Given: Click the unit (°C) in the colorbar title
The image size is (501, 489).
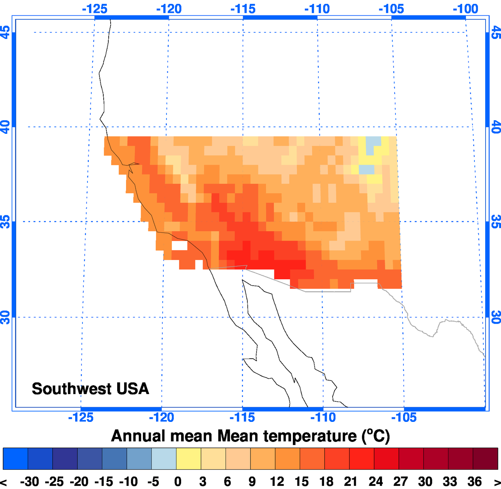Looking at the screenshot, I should [x=376, y=436].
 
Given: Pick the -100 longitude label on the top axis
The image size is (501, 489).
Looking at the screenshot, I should [x=466, y=9].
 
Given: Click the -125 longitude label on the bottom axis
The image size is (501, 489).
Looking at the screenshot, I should [x=81, y=417].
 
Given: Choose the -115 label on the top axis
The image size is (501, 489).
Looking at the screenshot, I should [x=243, y=9].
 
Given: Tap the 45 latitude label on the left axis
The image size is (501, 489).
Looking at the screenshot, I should [x=5, y=32].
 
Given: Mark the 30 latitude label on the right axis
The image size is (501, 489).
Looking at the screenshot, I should [x=496, y=317].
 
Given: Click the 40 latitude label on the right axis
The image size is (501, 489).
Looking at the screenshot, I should [x=496, y=127].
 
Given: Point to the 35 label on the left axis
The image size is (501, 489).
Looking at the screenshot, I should [x=5, y=221].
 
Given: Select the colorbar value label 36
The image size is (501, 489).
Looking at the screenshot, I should [x=474, y=481].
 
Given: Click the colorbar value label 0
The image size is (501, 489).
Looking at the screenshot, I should [x=178, y=481].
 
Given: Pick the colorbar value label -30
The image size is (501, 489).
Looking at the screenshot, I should [x=30, y=481].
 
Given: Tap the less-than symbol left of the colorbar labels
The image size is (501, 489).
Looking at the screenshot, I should [x=4, y=482].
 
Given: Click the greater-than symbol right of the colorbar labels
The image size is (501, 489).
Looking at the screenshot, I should [x=497, y=482].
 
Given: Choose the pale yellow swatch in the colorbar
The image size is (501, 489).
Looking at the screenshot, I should [x=188, y=459].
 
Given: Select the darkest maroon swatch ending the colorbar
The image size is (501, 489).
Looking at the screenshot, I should [x=485, y=459].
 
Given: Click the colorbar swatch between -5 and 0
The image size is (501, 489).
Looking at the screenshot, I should [x=164, y=459].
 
